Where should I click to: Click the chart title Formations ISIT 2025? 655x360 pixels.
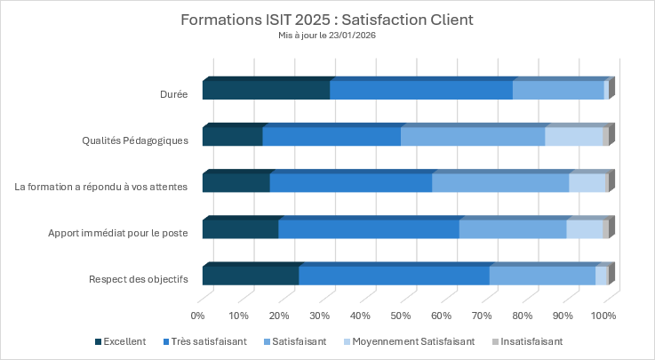tap(327, 19)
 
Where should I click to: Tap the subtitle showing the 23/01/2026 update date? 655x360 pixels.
tap(327, 36)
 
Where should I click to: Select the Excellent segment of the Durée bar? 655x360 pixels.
tap(266, 90)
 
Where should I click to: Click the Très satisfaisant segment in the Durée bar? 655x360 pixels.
tap(421, 90)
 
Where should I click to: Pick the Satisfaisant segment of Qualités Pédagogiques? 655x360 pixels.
tap(473, 136)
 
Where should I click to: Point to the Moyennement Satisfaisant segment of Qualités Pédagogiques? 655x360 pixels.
tap(573, 136)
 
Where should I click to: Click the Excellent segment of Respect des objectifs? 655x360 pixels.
tap(251, 275)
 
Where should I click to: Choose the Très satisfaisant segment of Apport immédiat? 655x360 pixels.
tap(369, 228)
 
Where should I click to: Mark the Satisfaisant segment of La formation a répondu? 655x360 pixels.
tap(500, 182)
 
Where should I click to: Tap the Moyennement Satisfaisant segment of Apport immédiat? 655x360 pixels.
tap(585, 228)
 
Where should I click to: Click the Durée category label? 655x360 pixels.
tap(174, 93)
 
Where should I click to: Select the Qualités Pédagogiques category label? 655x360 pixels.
tap(135, 140)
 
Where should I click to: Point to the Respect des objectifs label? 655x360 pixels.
tap(139, 278)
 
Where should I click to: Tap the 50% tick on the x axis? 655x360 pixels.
tap(401, 316)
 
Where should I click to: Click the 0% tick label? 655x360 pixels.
tap(198, 316)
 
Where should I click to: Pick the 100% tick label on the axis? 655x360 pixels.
tap(604, 316)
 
